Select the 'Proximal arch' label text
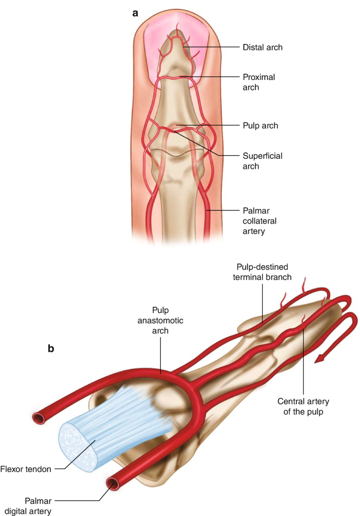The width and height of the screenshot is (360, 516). point(259,82)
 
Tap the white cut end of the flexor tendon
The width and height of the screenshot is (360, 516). point(78,447)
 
